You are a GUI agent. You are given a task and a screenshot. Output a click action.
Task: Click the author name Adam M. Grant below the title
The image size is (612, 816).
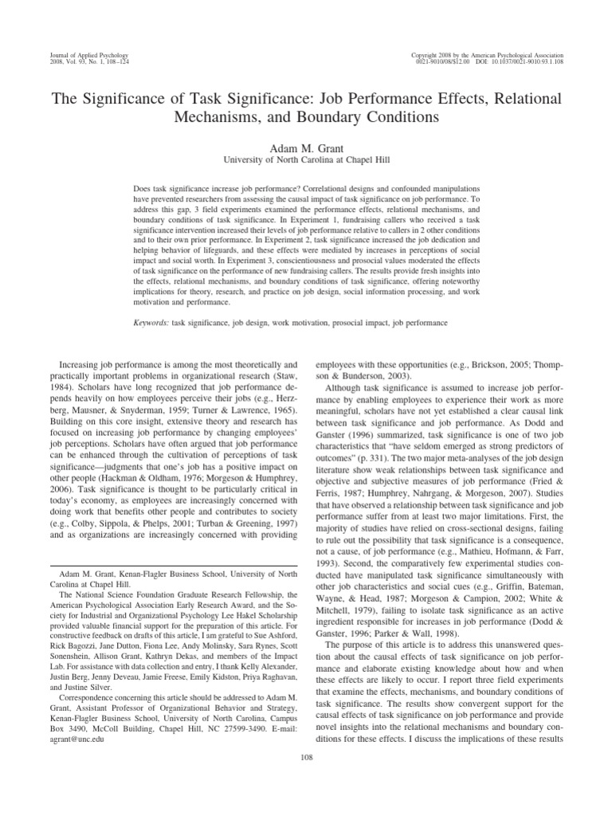305,147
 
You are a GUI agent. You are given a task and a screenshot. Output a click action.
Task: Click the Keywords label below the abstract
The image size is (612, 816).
151,324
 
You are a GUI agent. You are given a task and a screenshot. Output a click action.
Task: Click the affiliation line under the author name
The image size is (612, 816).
305,160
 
